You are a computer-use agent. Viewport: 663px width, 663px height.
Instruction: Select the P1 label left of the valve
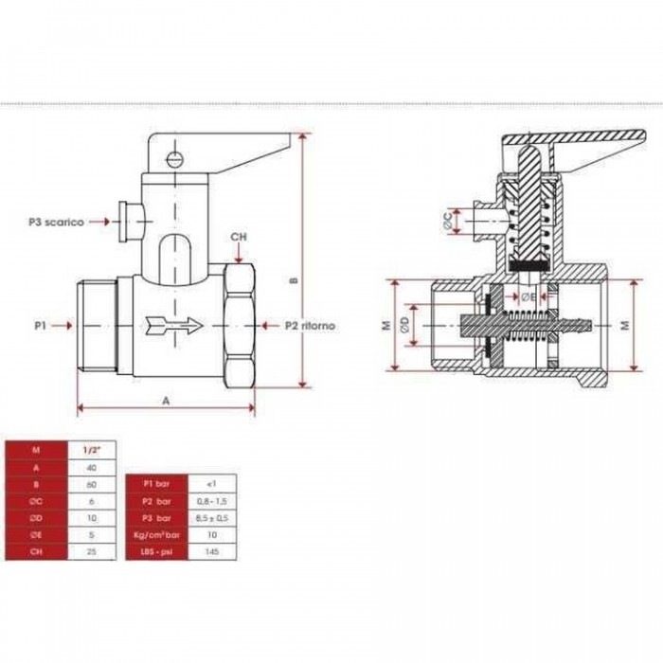(41, 325)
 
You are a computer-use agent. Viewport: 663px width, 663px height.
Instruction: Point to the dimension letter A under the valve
(167, 401)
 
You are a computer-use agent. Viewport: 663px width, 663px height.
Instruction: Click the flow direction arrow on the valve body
(176, 326)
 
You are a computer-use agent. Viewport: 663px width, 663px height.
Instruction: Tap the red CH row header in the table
(35, 550)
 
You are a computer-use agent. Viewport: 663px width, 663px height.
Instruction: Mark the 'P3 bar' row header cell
(154, 516)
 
